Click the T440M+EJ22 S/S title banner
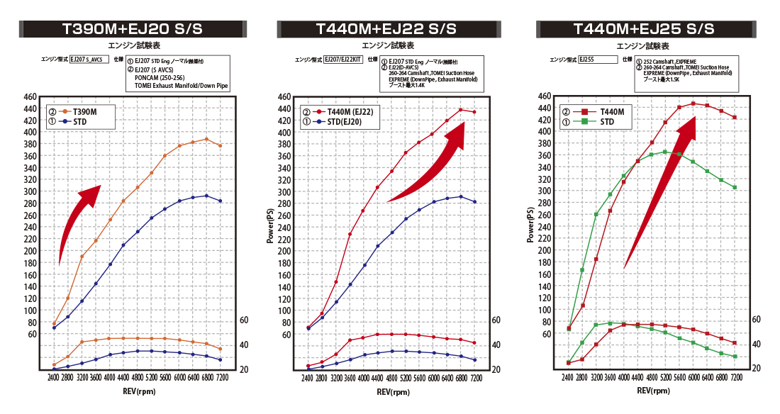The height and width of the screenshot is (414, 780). click(x=386, y=29)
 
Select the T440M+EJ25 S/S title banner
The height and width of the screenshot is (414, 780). click(x=643, y=29)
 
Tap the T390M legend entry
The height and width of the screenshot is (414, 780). click(x=81, y=112)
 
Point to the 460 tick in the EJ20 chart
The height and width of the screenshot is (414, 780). click(x=30, y=96)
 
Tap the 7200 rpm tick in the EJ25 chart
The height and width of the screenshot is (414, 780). click(x=735, y=379)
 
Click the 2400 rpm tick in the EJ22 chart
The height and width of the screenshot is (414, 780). click(x=308, y=379)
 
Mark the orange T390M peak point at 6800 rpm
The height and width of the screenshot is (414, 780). click(x=206, y=139)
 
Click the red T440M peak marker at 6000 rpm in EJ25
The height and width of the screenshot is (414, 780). click(x=693, y=103)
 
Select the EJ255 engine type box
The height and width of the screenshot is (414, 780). click(x=597, y=60)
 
